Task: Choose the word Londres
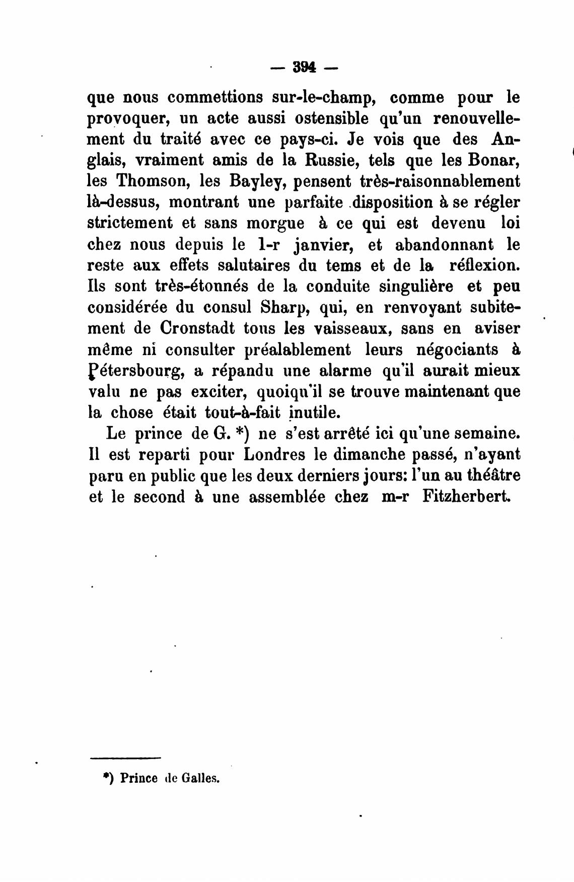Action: point(274,454)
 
